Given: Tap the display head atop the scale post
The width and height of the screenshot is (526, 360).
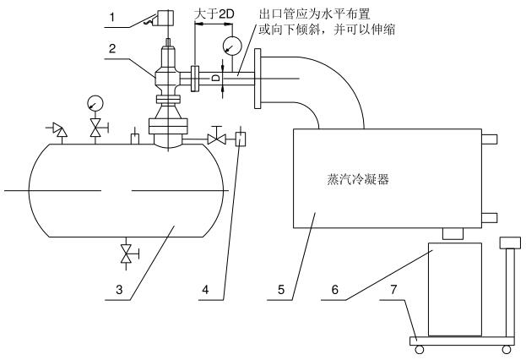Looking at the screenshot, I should pos(508,243).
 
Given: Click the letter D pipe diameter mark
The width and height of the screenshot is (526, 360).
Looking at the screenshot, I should pos(215,77).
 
